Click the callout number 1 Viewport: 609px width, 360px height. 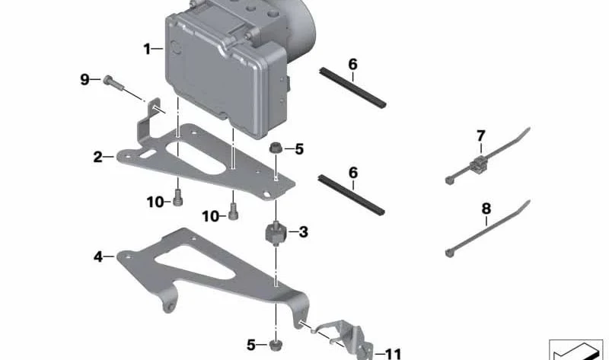[x=147, y=49]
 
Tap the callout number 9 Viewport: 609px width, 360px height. [x=84, y=80]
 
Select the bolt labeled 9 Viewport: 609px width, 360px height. [x=113, y=84]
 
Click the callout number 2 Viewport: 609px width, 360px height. [x=98, y=157]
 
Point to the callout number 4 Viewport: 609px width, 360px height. [x=98, y=256]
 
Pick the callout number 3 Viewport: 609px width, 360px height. [x=303, y=232]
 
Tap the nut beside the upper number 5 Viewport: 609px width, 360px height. [x=276, y=148]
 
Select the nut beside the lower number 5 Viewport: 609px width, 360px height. [x=276, y=345]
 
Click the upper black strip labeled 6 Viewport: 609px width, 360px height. [x=352, y=88]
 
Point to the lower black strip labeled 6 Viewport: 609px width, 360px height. [x=351, y=195]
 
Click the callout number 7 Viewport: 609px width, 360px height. [x=481, y=136]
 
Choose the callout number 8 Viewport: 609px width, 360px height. [x=486, y=209]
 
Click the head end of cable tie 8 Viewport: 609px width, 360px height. [x=449, y=253]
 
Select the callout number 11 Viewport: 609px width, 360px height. [x=392, y=354]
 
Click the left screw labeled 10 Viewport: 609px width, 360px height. [x=178, y=197]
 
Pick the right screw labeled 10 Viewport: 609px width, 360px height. [x=233, y=212]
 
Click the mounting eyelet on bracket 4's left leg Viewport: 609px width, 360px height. [x=170, y=307]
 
